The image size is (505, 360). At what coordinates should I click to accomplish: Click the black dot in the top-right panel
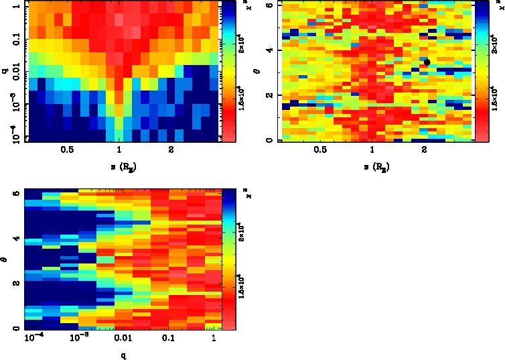click(x=427, y=62)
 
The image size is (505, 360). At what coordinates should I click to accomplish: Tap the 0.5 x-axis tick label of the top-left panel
click(x=67, y=150)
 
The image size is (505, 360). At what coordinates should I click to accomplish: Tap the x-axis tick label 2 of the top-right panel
click(x=425, y=150)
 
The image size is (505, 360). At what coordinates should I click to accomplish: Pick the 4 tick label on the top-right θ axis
click(x=267, y=50)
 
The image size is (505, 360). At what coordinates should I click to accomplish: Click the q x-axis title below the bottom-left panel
click(x=123, y=355)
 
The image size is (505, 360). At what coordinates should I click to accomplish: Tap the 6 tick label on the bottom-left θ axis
click(x=15, y=192)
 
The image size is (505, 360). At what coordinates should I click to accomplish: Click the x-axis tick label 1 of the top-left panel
click(x=119, y=150)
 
